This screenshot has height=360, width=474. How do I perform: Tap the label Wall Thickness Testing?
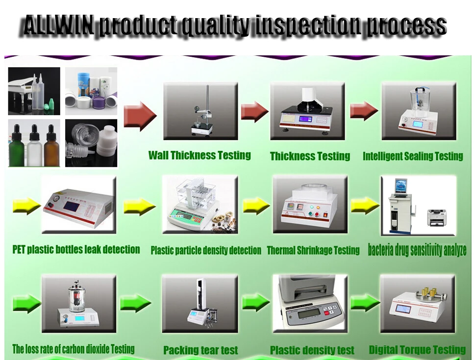click(x=200, y=155)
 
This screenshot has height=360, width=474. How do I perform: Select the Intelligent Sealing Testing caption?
click(x=413, y=156)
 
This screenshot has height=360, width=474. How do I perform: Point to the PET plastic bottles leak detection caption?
click(x=76, y=249)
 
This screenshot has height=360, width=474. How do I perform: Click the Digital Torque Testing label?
click(x=417, y=350)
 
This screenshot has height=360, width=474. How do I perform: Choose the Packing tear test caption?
click(x=200, y=350)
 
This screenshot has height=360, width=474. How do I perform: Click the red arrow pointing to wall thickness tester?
click(x=140, y=116)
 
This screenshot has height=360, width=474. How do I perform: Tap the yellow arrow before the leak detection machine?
click(x=26, y=206)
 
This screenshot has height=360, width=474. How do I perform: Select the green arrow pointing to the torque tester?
click(x=365, y=303)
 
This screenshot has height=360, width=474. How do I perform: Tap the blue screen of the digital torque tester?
click(x=406, y=309)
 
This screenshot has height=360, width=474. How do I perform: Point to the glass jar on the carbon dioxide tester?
click(x=77, y=297)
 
